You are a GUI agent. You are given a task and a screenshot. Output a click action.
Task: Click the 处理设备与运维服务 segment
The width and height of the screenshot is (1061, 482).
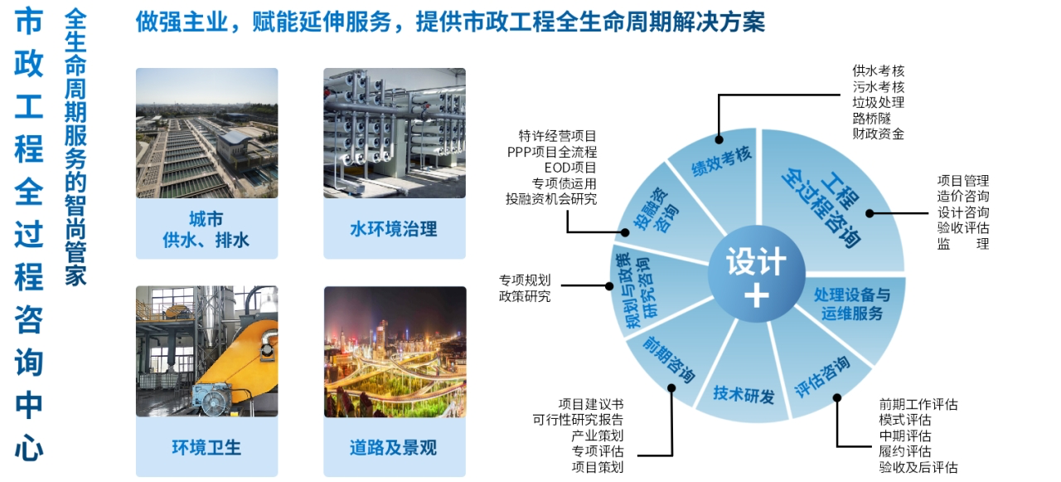[851, 304]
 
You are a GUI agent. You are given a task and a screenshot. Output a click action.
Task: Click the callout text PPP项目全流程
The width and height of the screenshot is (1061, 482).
[552, 152]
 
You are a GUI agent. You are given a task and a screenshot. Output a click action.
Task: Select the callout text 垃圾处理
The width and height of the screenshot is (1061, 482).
[878, 102]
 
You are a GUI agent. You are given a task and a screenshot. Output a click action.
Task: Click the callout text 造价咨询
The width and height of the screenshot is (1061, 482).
[962, 196]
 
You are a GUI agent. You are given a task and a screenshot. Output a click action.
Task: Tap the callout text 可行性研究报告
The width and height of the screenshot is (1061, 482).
[578, 420]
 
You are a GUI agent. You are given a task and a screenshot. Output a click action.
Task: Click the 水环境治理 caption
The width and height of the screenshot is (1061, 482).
[394, 229]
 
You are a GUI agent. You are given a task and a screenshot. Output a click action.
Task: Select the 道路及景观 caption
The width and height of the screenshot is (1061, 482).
[394, 448]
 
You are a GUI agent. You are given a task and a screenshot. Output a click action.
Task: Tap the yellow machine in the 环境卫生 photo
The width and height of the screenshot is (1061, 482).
[224, 365]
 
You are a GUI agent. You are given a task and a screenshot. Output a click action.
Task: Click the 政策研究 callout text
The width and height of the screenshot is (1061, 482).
[524, 295]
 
